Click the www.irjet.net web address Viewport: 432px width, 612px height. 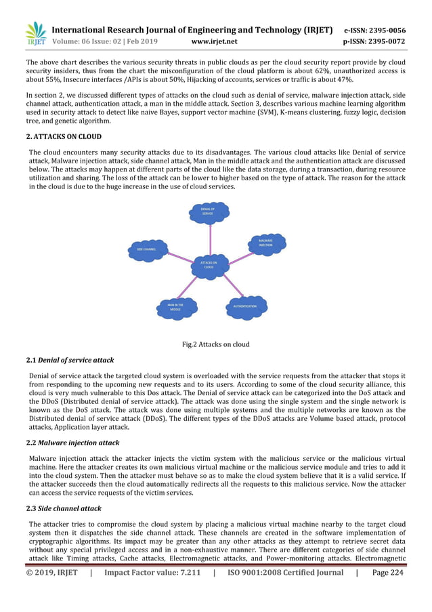pyautogui.click(x=215, y=41)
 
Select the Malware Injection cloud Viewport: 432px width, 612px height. pyautogui.click(x=265, y=243)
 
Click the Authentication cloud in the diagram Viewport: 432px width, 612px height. pyautogui.click(x=244, y=306)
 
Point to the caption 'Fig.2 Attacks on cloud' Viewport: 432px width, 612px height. pyautogui.click(x=216, y=344)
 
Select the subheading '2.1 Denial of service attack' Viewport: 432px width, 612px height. pyautogui.click(x=70, y=360)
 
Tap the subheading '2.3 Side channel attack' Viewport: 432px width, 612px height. pyautogui.click(x=64, y=508)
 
